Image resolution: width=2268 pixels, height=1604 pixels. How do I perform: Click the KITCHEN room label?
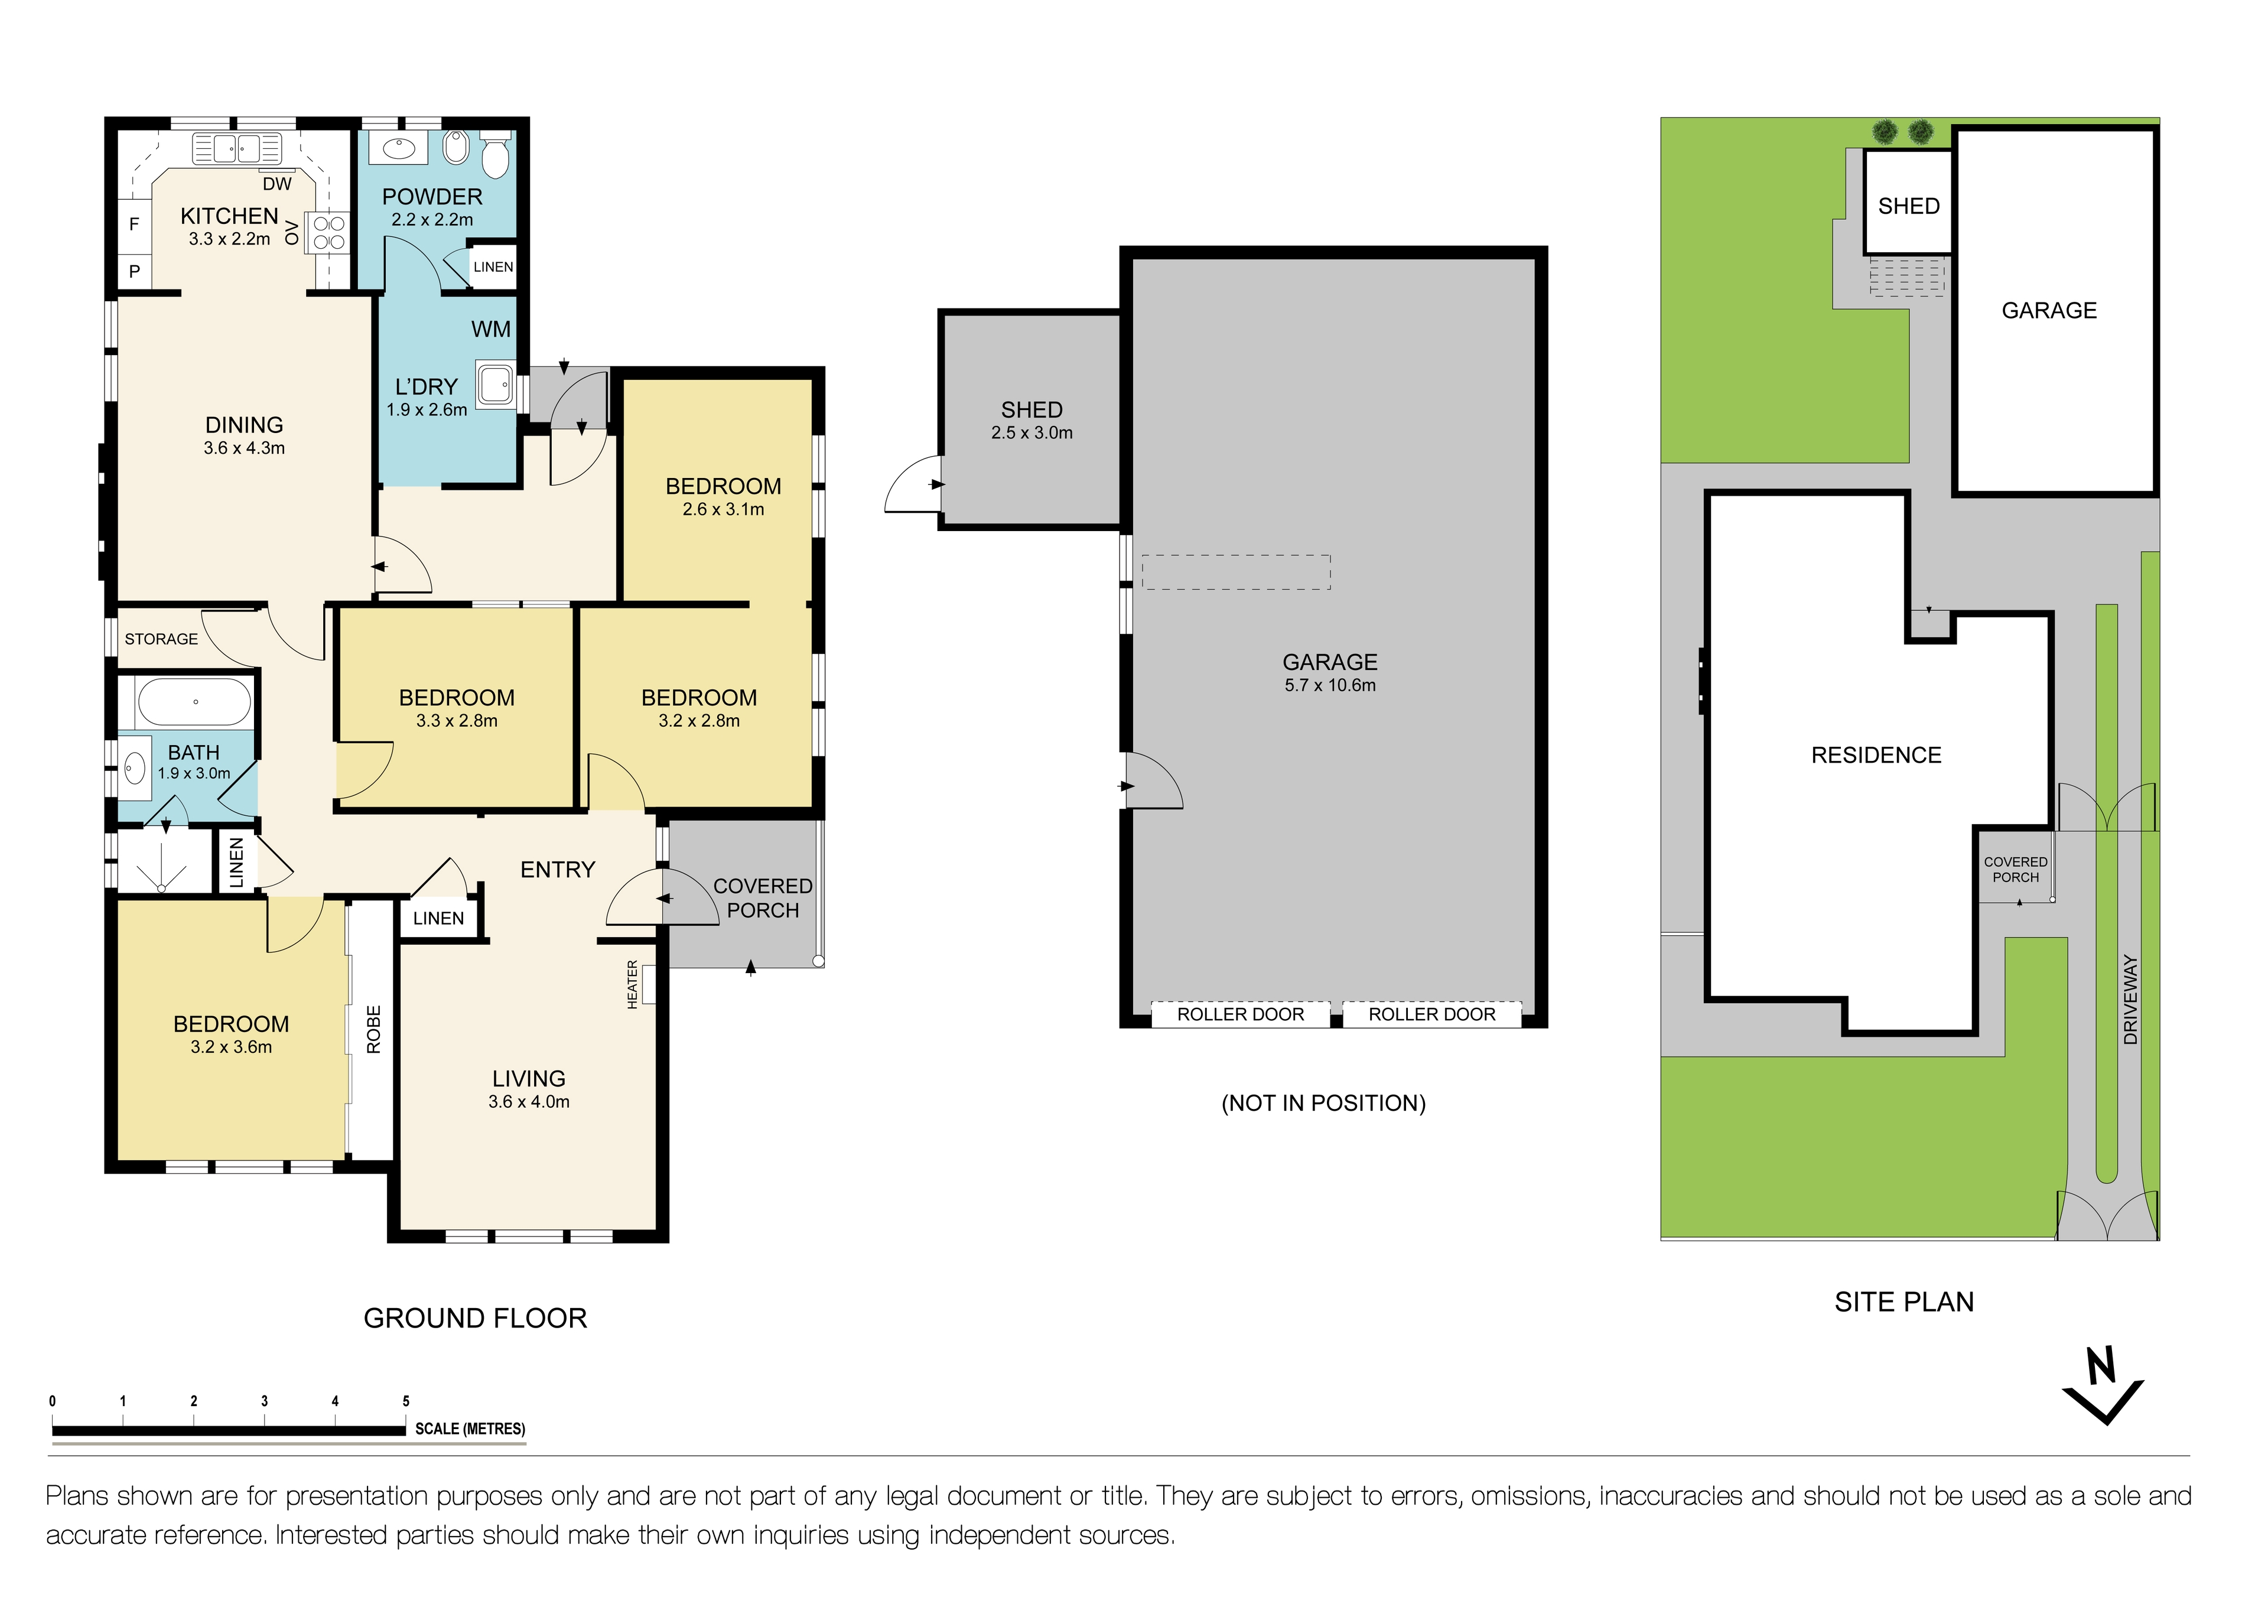(229, 215)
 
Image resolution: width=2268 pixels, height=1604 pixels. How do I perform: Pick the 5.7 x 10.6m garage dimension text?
(1330, 685)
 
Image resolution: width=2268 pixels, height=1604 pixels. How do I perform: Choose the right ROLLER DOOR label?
(1431, 1014)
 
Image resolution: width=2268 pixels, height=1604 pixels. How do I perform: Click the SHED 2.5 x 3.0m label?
(1031, 420)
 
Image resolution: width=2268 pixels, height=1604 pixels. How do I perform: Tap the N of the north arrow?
(2100, 1367)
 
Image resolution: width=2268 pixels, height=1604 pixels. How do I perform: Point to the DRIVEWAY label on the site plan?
(2131, 1000)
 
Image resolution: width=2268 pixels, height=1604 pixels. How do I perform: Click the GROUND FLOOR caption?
(475, 1319)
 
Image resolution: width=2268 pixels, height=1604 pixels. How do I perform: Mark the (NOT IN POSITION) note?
(1324, 1103)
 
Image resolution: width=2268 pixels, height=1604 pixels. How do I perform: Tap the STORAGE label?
(161, 639)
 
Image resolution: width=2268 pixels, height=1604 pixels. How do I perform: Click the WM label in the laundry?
(491, 329)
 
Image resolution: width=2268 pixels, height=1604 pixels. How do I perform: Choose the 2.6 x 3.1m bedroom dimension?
(723, 510)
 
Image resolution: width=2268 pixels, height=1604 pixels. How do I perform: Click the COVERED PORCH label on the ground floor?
(763, 898)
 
